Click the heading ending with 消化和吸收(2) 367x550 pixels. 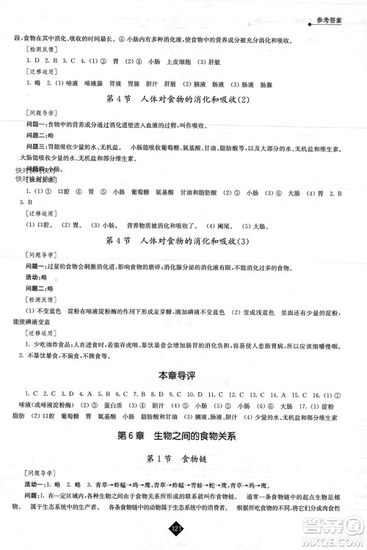click(183, 100)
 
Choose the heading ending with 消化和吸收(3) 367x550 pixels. click(183, 240)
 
